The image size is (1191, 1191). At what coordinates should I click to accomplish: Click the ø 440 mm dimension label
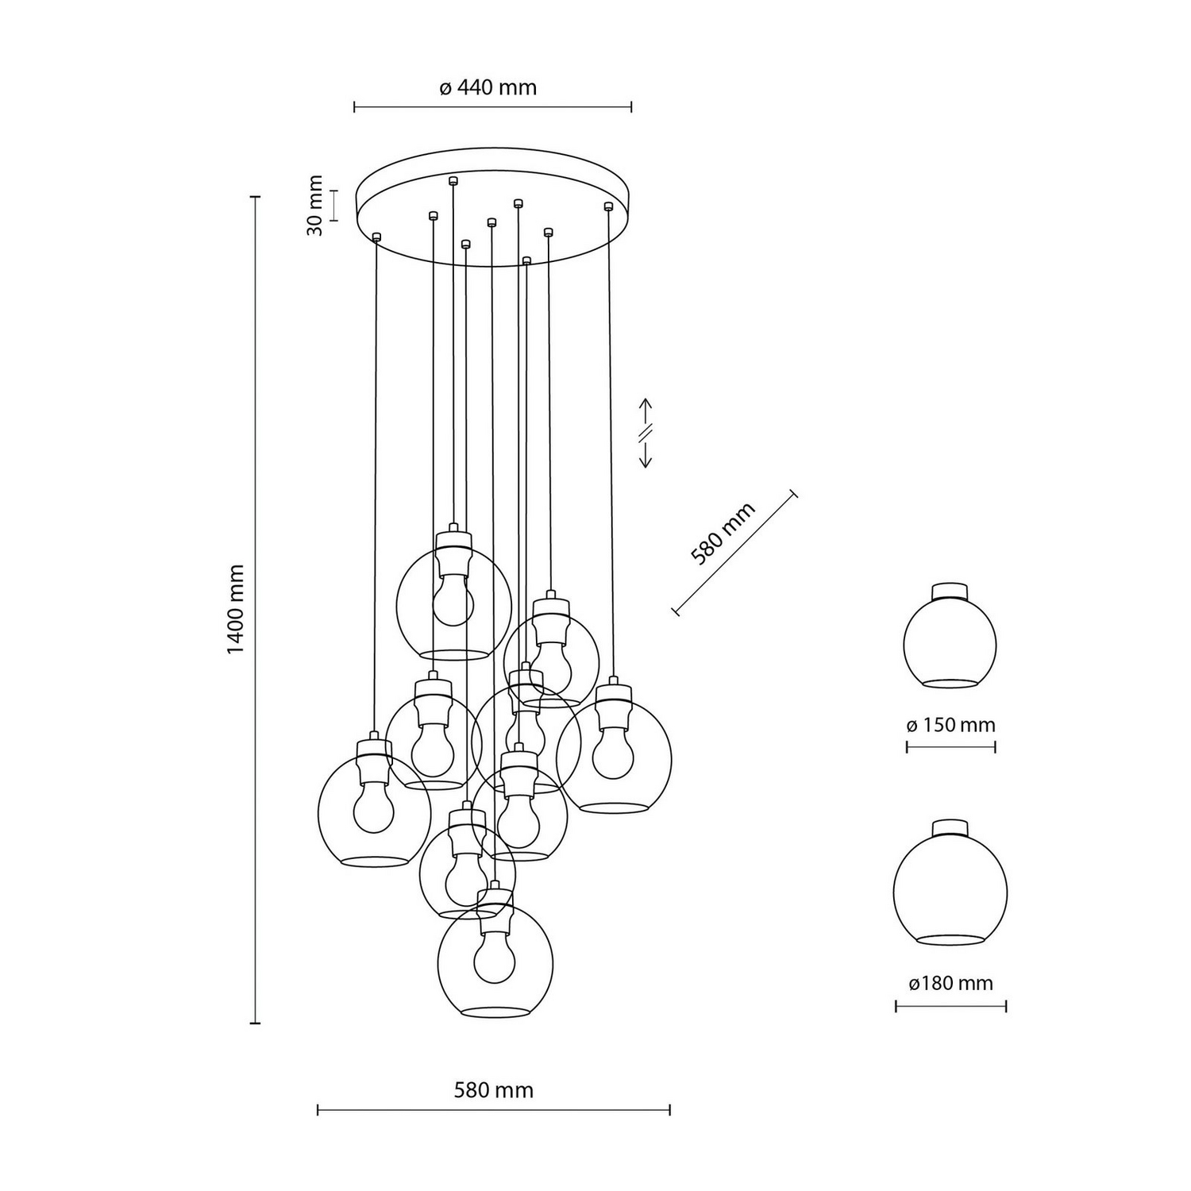tap(488, 87)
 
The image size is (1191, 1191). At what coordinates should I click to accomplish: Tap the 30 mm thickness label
tap(315, 205)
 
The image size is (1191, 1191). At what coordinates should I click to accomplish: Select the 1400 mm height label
tap(236, 610)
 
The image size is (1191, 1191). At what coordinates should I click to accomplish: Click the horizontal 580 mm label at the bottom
tap(493, 1090)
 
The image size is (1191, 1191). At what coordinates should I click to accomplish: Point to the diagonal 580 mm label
tap(722, 534)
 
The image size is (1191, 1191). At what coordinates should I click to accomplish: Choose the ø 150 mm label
tap(950, 725)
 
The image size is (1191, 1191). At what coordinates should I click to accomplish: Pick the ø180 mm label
tap(950, 984)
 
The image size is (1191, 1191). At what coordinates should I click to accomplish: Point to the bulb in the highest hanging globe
tap(453, 602)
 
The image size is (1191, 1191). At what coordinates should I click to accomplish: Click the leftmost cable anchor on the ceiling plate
tap(376, 236)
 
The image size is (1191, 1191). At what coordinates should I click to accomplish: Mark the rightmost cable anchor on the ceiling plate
tap(608, 206)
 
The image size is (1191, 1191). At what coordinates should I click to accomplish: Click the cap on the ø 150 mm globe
tap(950, 592)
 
